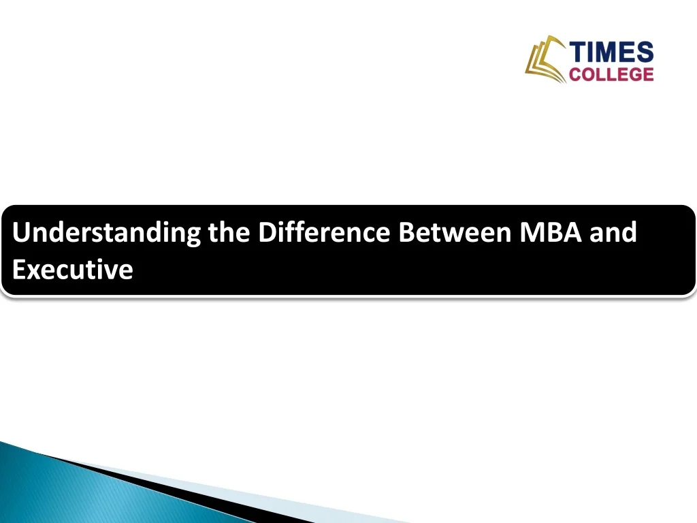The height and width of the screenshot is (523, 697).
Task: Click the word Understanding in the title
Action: pyautogui.click(x=107, y=234)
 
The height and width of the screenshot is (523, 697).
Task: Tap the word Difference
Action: pyautogui.click(x=323, y=234)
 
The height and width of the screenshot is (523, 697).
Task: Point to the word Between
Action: pyautogui.click(x=455, y=234)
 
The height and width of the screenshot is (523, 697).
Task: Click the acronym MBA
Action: pyautogui.click(x=551, y=234)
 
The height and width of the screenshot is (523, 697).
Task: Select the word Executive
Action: pyautogui.click(x=73, y=270)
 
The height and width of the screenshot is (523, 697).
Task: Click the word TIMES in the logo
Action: pyautogui.click(x=611, y=52)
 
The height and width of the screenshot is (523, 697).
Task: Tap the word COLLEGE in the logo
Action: pyautogui.click(x=611, y=74)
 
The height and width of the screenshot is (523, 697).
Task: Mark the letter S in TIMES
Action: pyautogui.click(x=645, y=52)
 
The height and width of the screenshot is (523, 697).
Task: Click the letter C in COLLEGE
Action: pyautogui.click(x=574, y=74)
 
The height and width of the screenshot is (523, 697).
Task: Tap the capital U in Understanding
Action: pyautogui.click(x=21, y=234)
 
